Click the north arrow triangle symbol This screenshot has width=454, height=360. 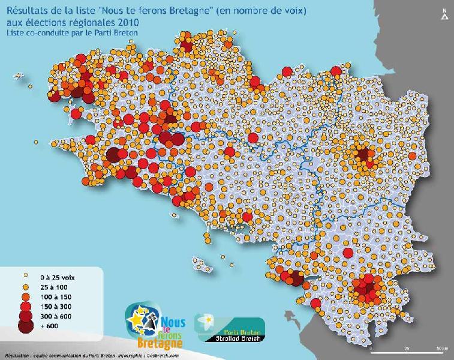444,17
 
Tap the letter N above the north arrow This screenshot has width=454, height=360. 444,10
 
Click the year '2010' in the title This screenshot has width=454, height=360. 127,22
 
